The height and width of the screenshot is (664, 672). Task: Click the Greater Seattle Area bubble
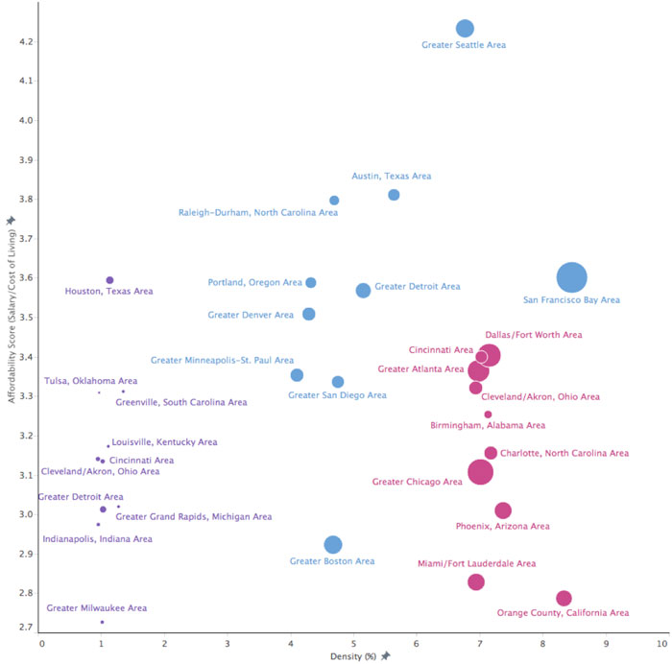tap(465, 29)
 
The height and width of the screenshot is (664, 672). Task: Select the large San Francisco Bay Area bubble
tap(571, 277)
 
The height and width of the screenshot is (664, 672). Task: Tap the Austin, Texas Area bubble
tap(394, 195)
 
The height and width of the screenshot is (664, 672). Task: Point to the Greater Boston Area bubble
tap(333, 545)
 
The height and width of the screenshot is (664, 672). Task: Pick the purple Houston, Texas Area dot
tap(109, 280)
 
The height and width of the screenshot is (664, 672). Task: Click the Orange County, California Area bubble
tap(564, 599)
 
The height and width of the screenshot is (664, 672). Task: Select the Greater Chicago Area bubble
tap(481, 472)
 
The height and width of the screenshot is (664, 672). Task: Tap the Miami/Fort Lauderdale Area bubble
tap(476, 582)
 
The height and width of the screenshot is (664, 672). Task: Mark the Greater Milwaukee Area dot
tap(102, 622)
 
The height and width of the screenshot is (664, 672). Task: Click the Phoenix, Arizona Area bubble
tap(503, 510)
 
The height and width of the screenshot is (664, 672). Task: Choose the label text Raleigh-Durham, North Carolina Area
tap(258, 212)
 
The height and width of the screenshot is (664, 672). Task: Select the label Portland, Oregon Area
tap(254, 282)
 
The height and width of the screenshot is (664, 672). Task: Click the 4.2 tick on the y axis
tap(22, 42)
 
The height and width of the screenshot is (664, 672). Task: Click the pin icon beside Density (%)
tap(386, 655)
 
